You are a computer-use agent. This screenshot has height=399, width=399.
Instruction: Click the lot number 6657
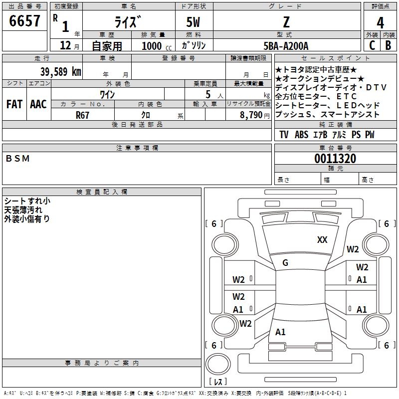coord(24,21)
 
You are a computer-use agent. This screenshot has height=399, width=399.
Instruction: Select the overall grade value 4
coord(380,23)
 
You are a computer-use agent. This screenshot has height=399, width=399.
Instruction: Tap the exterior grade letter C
coord(372,45)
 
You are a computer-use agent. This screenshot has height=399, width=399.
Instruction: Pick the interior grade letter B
coord(388,45)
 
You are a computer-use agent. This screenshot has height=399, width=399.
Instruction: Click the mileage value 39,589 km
coord(60,72)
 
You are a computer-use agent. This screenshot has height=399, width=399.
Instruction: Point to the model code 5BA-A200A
coord(286,46)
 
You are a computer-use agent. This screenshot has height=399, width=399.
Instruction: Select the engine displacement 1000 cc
coord(157,46)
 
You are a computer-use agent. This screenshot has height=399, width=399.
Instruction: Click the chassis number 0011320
coord(335,158)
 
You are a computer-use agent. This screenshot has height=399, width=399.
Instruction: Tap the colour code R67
coord(82,115)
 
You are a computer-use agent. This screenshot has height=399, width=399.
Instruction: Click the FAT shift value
coord(14,104)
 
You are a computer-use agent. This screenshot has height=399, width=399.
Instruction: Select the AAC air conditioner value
coord(38,104)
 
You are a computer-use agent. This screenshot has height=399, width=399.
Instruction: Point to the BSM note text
coord(17,159)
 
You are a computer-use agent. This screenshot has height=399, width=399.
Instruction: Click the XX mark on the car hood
coord(322,240)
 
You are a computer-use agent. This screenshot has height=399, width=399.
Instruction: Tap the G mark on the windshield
coord(285,263)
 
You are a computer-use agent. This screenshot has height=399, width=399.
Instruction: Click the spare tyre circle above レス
coord(218,364)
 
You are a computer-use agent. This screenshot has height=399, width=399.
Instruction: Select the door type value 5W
coord(193,22)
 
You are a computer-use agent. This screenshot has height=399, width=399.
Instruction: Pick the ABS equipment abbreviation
coord(302,135)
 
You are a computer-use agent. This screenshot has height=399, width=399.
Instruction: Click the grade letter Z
coord(286,22)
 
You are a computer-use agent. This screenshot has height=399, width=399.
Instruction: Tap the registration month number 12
coord(65,45)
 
